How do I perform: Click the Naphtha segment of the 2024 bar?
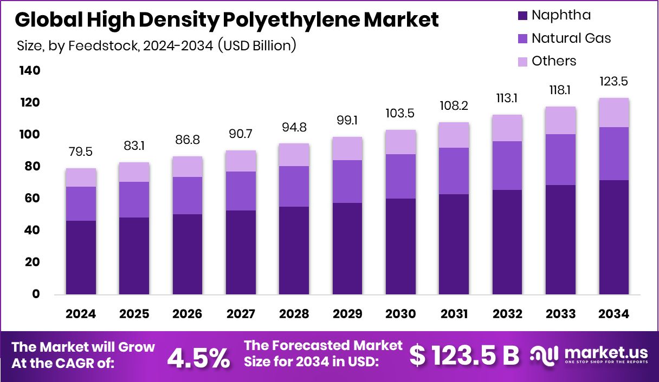coord(81,258)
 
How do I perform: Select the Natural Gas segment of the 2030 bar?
coord(400,176)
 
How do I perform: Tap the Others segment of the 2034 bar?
coord(614,113)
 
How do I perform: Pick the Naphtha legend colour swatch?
coord(522,15)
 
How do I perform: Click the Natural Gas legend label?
coord(571,38)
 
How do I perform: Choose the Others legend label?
coord(554,61)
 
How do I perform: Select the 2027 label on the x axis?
coord(241,314)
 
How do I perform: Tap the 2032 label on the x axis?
coord(507,314)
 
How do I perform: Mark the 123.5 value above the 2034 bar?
coord(614,82)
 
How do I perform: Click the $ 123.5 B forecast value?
coord(464,355)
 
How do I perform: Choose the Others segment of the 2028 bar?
coord(294,155)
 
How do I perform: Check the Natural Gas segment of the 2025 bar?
coord(134,200)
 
